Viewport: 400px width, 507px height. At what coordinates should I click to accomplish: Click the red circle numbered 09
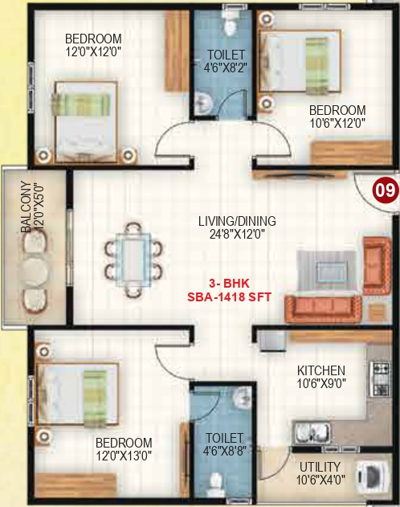coord(385,190)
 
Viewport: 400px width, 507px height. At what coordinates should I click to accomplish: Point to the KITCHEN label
coord(321,370)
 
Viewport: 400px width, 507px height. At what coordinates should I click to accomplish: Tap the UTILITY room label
coord(320,467)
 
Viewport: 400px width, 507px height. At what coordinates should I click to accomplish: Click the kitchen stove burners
coord(378,378)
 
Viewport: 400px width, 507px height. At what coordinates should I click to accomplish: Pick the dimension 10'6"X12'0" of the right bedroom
coord(338,123)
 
